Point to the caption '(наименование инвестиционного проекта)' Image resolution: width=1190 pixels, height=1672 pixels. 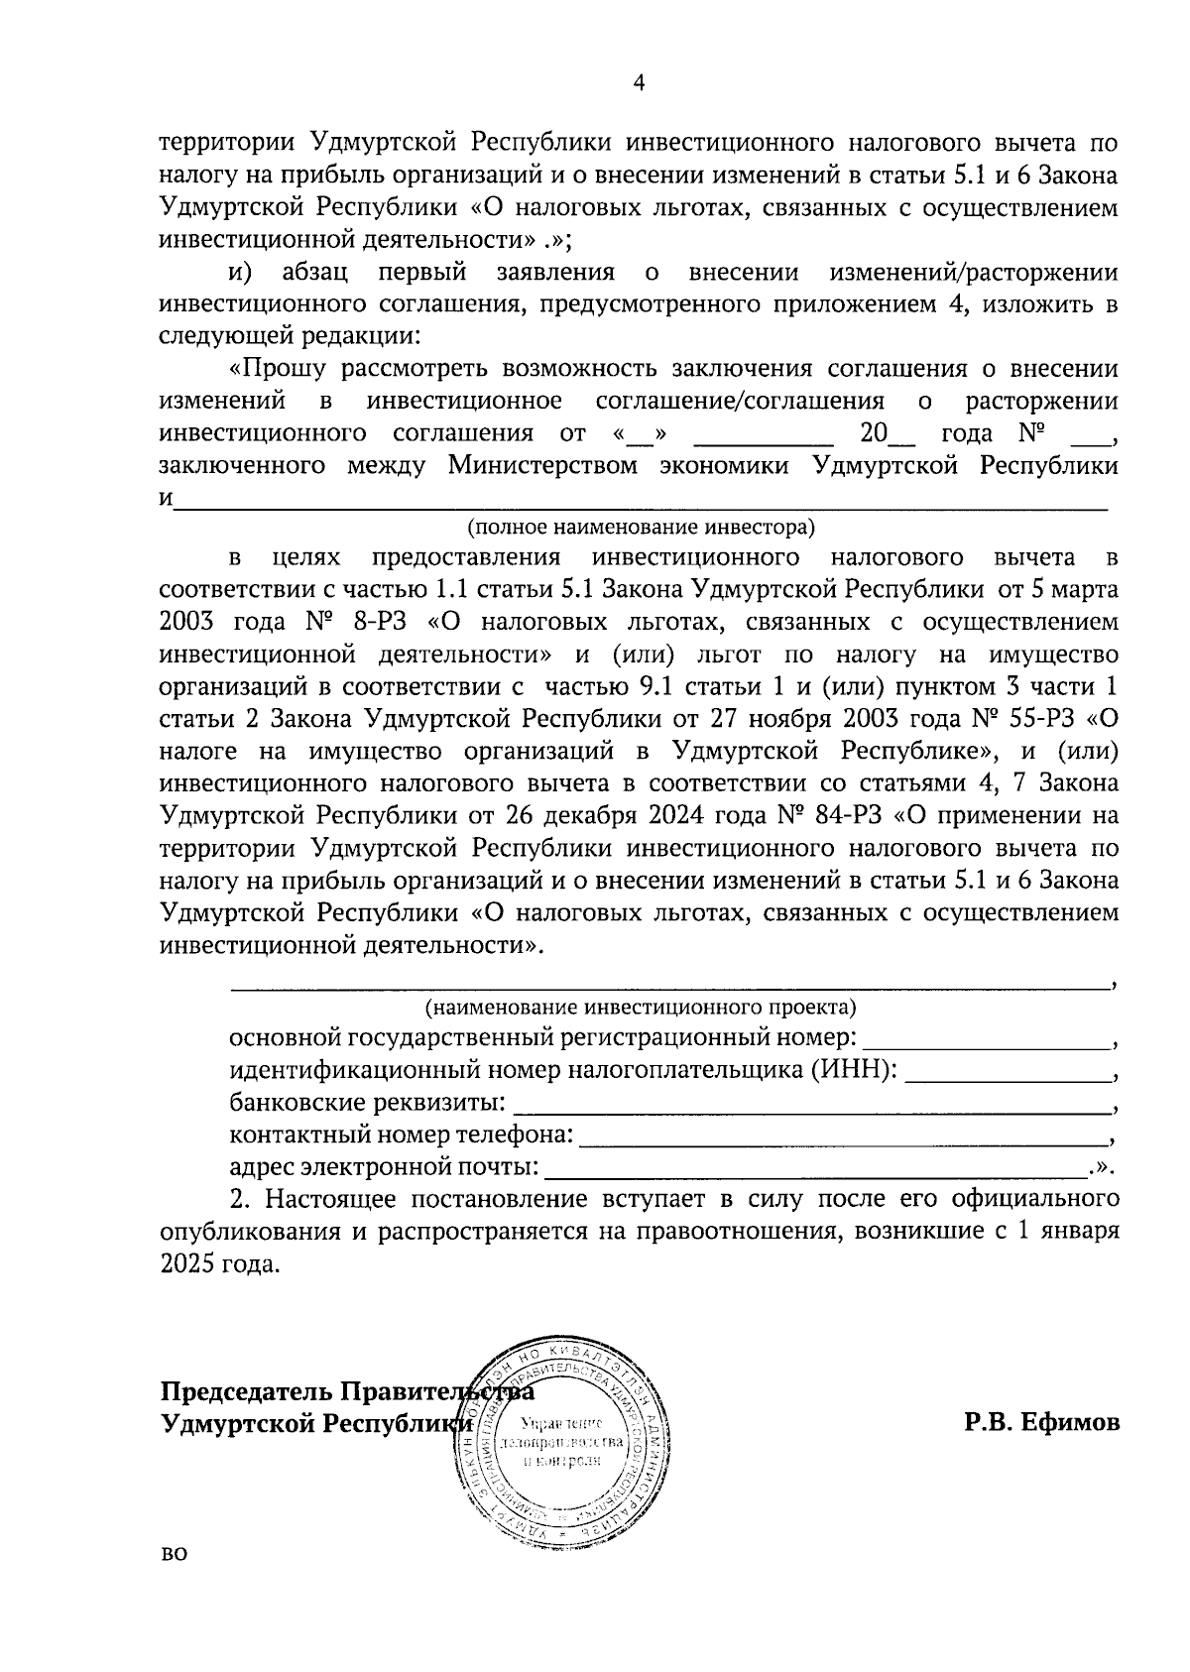click(x=641, y=1008)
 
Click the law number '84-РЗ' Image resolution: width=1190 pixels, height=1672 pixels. click(x=847, y=816)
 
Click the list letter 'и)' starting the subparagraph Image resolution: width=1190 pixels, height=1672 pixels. click(x=243, y=272)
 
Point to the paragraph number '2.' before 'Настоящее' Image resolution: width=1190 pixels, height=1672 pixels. click(x=240, y=1199)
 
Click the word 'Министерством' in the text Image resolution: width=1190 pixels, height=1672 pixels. click(x=543, y=466)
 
